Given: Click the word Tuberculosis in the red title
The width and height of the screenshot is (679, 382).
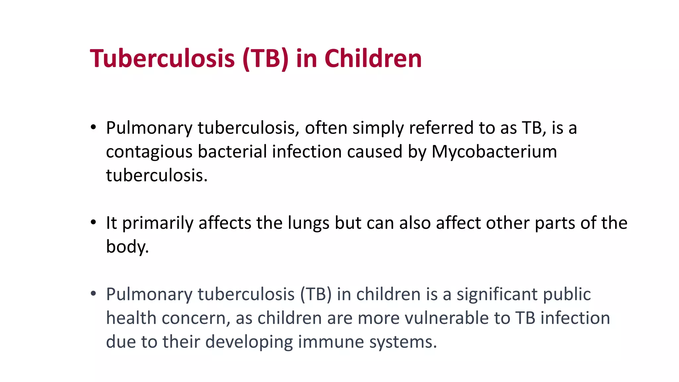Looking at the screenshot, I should click(x=162, y=58).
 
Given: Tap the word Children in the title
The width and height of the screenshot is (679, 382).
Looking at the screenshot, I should click(x=373, y=58).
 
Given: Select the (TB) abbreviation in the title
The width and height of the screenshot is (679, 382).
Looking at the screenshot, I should click(x=266, y=58).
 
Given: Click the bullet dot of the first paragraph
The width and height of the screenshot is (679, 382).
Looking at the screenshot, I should click(x=93, y=127).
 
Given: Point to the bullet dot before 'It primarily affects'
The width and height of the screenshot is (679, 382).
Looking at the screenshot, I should click(x=93, y=223).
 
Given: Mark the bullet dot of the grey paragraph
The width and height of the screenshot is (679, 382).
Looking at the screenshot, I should click(x=93, y=294).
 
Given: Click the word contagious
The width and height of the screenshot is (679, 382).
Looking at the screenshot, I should click(x=149, y=152).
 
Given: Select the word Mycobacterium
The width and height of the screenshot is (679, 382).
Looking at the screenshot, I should click(x=494, y=152).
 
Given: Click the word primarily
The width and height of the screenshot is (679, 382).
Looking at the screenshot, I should click(x=158, y=223).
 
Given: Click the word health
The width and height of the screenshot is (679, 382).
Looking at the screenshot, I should click(x=131, y=318).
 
